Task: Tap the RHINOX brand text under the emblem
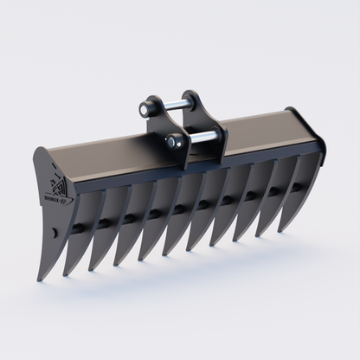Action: (60, 198)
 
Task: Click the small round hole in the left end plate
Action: (55, 233)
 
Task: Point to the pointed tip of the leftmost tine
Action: (39, 280)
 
